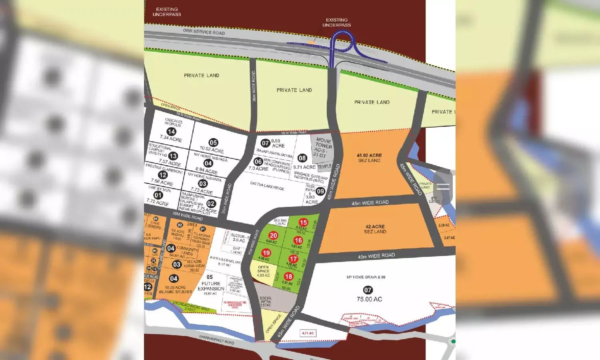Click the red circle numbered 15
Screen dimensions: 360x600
[x=303, y=222]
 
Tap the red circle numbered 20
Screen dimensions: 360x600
[x=273, y=236]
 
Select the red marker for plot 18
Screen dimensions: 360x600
[x=288, y=276]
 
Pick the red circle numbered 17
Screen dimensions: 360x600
[x=293, y=259]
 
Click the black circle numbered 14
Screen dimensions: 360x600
[x=171, y=132]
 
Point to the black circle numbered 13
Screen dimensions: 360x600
[x=173, y=156]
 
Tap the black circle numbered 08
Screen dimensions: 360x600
[x=302, y=158]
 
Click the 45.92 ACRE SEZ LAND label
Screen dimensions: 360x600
[x=369, y=158]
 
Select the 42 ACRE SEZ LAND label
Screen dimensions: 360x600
[x=375, y=229]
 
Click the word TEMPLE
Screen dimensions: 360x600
[x=324, y=166]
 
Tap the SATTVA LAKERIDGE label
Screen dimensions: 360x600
[x=267, y=186]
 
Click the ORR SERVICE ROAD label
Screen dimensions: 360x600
[x=204, y=32]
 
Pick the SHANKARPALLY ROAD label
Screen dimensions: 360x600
[x=216, y=340]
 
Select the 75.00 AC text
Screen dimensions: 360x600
[x=369, y=299]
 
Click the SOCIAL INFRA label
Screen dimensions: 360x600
[x=265, y=301]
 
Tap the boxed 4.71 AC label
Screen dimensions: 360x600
[x=308, y=333]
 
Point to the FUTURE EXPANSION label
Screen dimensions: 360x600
[x=210, y=286]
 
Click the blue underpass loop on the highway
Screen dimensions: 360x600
[x=342, y=42]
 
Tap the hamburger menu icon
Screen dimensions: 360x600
[x=443, y=187]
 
